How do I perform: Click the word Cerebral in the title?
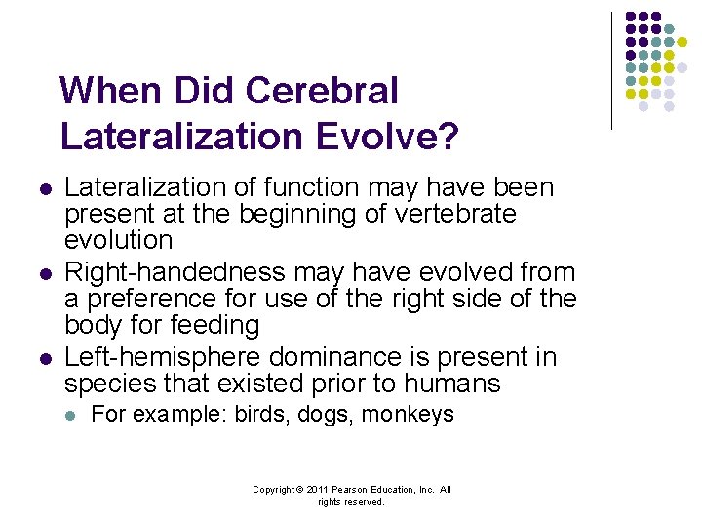click(x=322, y=91)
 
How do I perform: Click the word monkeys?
click(x=408, y=415)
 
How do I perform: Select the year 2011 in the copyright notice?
click(x=315, y=490)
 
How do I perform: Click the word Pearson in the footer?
click(x=352, y=490)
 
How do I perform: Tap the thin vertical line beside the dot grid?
click(x=612, y=70)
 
